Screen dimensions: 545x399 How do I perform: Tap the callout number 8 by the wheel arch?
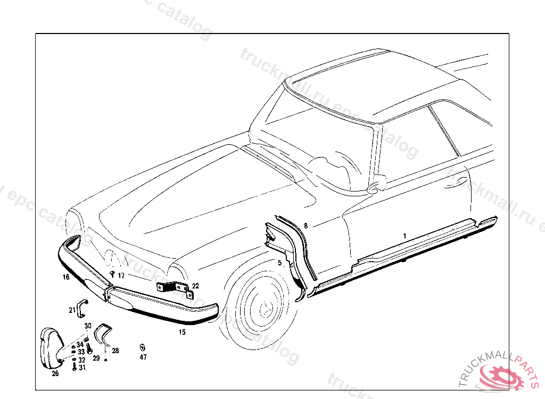pyautogui.click(x=305, y=226)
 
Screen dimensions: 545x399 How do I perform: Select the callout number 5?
pyautogui.click(x=279, y=262)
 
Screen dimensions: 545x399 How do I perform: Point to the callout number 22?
pyautogui.click(x=195, y=286)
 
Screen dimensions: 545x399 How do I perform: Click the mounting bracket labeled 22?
pyautogui.click(x=174, y=288)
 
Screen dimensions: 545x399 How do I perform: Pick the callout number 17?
pyautogui.click(x=121, y=276)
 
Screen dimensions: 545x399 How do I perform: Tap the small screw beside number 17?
pyautogui.click(x=112, y=273)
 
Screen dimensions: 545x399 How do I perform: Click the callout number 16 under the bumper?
pyautogui.click(x=65, y=277)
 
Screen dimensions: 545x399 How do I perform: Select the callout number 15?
pyautogui.click(x=182, y=332)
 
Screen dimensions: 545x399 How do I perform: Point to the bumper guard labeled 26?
pyautogui.click(x=51, y=348)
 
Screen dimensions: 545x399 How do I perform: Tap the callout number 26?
pyautogui.click(x=55, y=373)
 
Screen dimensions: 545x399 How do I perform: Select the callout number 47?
pyautogui.click(x=143, y=357)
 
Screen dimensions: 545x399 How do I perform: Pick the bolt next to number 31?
pyautogui.click(x=74, y=367)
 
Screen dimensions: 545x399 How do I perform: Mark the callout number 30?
pyautogui.click(x=88, y=326)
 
